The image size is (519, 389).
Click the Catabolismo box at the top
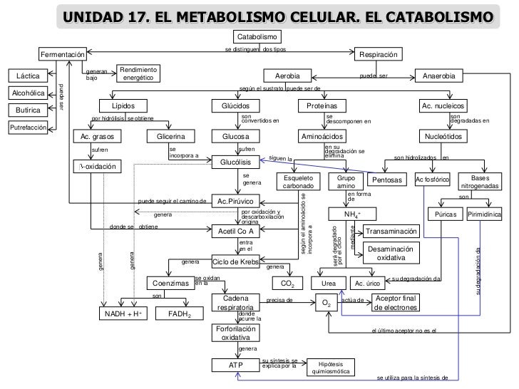(x=257, y=36)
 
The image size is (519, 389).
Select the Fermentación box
(x=63, y=55)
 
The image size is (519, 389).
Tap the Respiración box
(x=379, y=55)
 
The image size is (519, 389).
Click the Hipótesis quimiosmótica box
(x=330, y=366)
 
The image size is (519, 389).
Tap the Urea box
(x=328, y=284)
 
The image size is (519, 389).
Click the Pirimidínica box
(x=485, y=214)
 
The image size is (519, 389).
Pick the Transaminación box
(x=391, y=232)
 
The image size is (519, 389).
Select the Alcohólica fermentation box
(x=27, y=93)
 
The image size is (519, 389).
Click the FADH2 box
(x=179, y=313)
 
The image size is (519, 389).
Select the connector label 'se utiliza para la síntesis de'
(x=411, y=378)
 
